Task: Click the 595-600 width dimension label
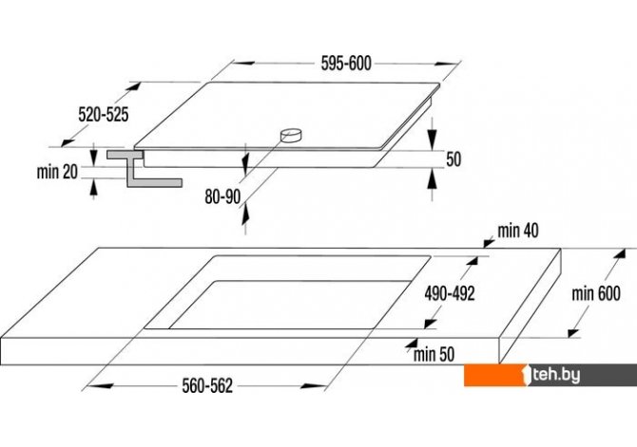pyautogui.click(x=344, y=64)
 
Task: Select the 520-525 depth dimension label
pyautogui.click(x=103, y=114)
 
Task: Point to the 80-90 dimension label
pyautogui.click(x=223, y=197)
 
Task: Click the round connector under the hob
pyautogui.click(x=292, y=135)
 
